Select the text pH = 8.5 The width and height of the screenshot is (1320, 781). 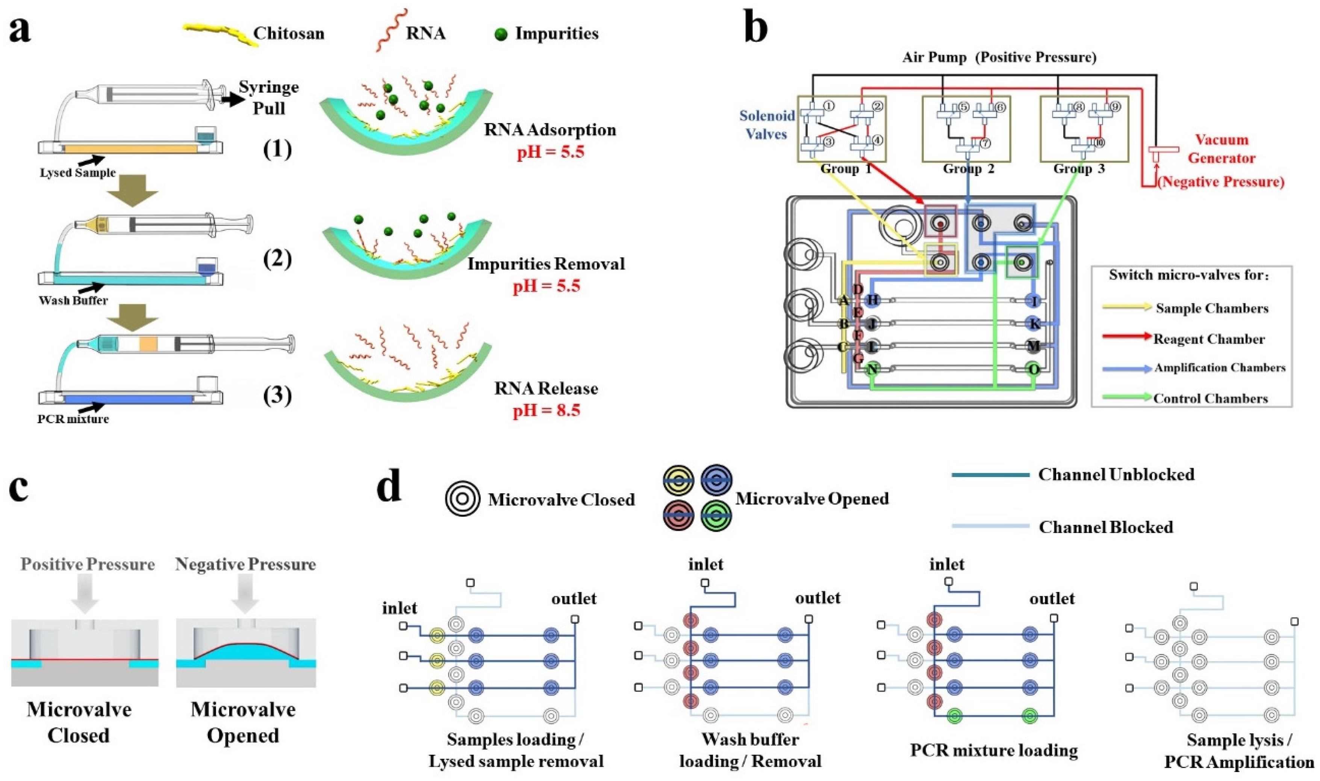tap(546, 410)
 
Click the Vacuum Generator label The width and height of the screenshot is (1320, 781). tap(1222, 149)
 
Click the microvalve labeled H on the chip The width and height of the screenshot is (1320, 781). tap(872, 301)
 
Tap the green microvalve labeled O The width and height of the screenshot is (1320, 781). tap(1034, 369)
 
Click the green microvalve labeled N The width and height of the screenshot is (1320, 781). tap(872, 369)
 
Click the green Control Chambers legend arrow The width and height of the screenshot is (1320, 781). tap(1127, 398)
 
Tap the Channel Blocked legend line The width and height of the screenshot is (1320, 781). tap(990, 526)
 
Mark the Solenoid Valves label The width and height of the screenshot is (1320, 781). tap(767, 125)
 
